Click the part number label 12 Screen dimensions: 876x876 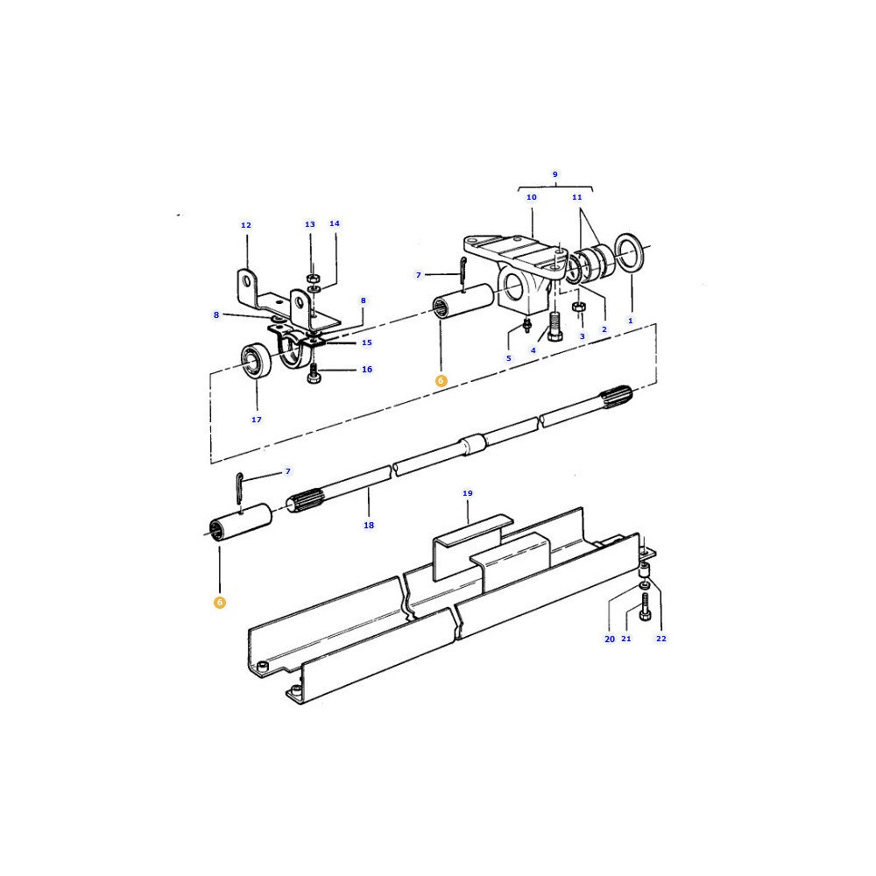click(x=246, y=225)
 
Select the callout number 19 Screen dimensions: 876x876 click(x=468, y=493)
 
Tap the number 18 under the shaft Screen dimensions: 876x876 click(x=369, y=525)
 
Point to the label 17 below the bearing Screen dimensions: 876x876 click(x=257, y=420)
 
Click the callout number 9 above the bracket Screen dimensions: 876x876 click(x=555, y=174)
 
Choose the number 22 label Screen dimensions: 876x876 click(x=661, y=639)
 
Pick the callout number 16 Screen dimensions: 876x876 click(x=367, y=370)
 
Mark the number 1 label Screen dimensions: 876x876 click(x=631, y=321)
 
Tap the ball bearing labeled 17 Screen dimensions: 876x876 click(x=256, y=360)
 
